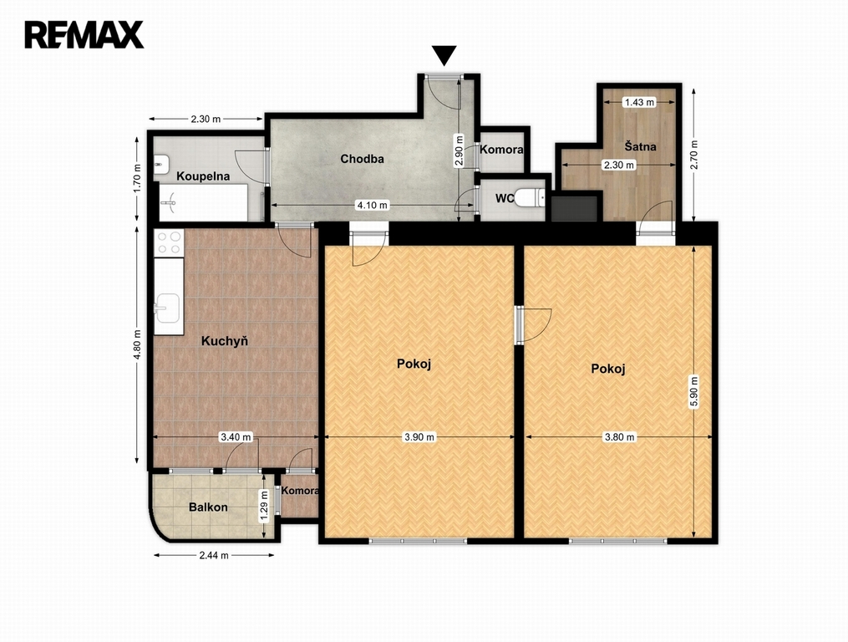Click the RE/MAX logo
pyautogui.click(x=84, y=34)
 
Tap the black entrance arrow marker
pyautogui.click(x=444, y=55)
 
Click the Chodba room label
pyautogui.click(x=362, y=159)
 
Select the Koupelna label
pyautogui.click(x=203, y=176)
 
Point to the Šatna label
pyautogui.click(x=640, y=146)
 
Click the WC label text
pyautogui.click(x=504, y=199)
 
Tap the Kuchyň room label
pyautogui.click(x=225, y=341)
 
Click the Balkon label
pyautogui.click(x=208, y=507)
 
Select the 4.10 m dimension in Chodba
pyautogui.click(x=372, y=205)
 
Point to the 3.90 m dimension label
pyautogui.click(x=419, y=437)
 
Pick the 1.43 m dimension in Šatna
pyautogui.click(x=639, y=102)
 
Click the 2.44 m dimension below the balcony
pyautogui.click(x=214, y=555)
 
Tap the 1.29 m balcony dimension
pyautogui.click(x=264, y=506)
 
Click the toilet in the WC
pyautogui.click(x=529, y=198)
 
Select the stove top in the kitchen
pyautogui.click(x=169, y=242)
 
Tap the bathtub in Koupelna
pyautogui.click(x=203, y=202)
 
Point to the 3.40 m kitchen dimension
pyautogui.click(x=236, y=437)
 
